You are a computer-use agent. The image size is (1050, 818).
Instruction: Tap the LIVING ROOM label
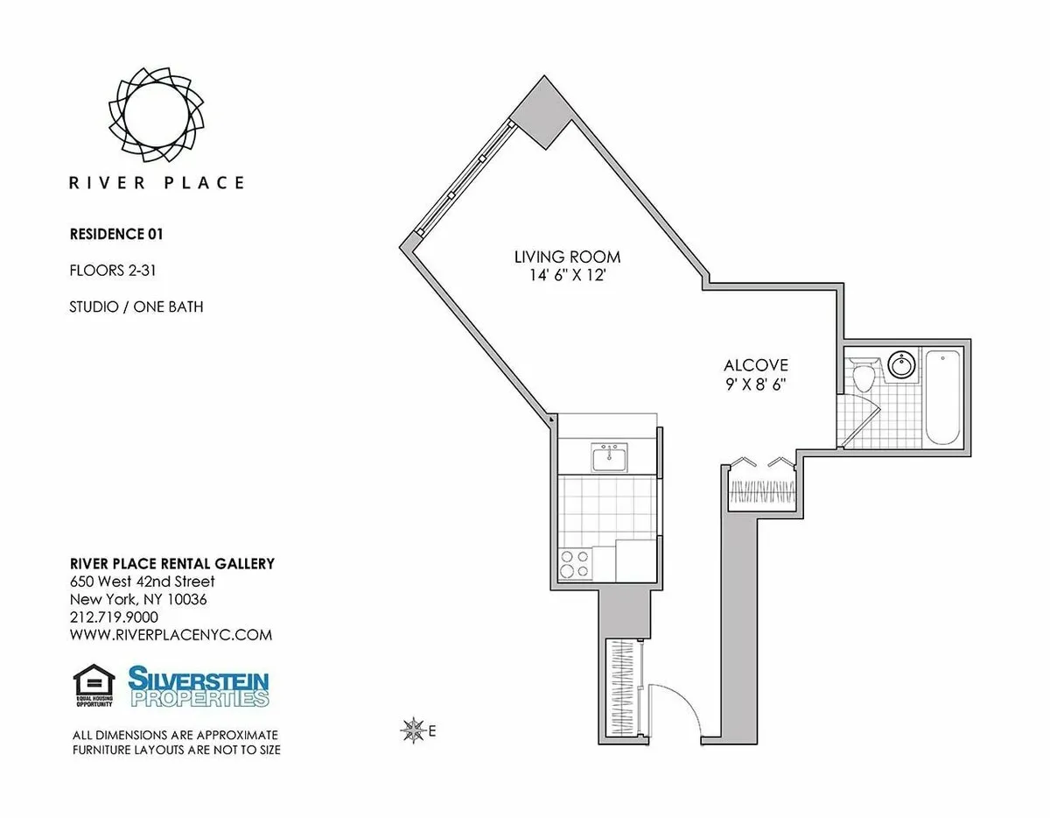point(567,257)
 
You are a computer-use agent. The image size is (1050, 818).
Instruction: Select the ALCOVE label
point(756,365)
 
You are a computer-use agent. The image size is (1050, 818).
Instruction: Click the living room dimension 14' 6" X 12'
point(567,274)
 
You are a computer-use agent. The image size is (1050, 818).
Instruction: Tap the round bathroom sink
point(899,365)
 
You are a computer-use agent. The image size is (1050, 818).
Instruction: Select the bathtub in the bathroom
point(943,398)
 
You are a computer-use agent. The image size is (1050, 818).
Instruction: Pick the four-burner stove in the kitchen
point(573,563)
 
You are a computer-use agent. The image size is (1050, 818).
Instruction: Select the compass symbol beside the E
point(410,729)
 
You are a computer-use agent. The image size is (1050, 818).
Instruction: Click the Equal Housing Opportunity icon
point(88,687)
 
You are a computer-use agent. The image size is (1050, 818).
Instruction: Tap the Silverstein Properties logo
point(199,687)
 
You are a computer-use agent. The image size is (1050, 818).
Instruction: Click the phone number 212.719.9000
point(114,617)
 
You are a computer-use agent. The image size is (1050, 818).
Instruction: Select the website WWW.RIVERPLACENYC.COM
point(171,635)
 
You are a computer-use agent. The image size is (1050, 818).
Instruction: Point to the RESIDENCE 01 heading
point(116,234)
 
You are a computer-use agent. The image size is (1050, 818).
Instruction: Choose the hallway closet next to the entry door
point(624,688)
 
